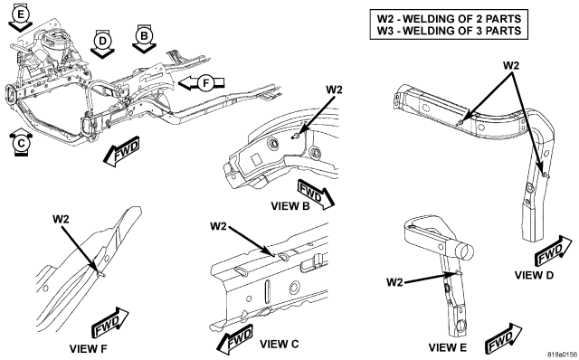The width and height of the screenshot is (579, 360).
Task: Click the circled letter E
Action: point(21,14)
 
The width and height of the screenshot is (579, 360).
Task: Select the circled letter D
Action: point(102,41)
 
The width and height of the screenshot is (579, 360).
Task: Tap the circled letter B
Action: point(144,36)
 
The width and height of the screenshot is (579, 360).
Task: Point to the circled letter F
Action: point(205,82)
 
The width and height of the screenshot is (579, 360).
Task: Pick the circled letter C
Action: point(21,143)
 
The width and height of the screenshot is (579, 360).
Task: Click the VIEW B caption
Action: point(290,206)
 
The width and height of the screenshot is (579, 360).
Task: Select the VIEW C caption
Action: point(280,344)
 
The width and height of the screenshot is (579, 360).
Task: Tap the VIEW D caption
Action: point(534,275)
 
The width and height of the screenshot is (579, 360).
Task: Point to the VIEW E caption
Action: point(448,347)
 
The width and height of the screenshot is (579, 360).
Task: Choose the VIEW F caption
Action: point(89,348)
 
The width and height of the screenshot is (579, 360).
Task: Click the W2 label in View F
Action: point(61,219)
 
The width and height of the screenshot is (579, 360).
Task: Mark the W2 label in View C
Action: point(218,226)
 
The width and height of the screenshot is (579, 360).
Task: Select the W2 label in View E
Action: point(394,282)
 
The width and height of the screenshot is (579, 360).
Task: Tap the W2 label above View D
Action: point(511,65)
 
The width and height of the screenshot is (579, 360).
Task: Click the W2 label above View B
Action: point(334,90)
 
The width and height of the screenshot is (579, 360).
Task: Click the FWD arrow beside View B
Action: point(315,194)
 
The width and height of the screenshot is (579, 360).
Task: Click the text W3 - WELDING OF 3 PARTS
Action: point(449,31)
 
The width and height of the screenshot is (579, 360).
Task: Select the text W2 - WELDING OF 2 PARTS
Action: point(449,18)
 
